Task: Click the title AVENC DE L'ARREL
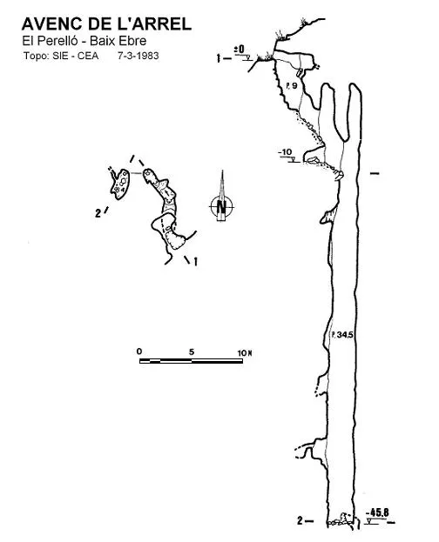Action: tap(106, 23)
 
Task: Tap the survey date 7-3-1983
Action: tap(138, 56)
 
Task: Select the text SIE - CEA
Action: tap(76, 56)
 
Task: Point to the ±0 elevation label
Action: tap(240, 50)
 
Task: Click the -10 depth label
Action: tap(286, 152)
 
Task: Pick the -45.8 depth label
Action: tap(377, 512)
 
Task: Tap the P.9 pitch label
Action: tap(292, 85)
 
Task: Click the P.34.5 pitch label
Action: tap(342, 334)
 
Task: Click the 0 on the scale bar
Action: tap(139, 351)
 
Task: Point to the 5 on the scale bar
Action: tap(192, 351)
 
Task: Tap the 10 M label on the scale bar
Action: tap(245, 353)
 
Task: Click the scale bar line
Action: tap(191, 361)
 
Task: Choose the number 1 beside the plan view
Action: tap(196, 262)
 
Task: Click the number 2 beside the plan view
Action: tap(98, 213)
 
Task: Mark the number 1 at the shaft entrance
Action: tap(218, 58)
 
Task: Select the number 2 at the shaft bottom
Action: tap(300, 520)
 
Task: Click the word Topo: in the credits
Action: tap(37, 56)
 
